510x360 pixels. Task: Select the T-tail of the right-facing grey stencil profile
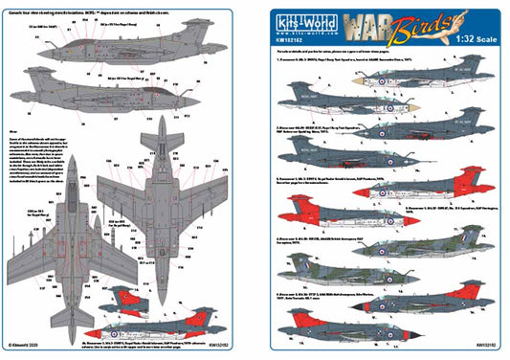click(x=53, y=65)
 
